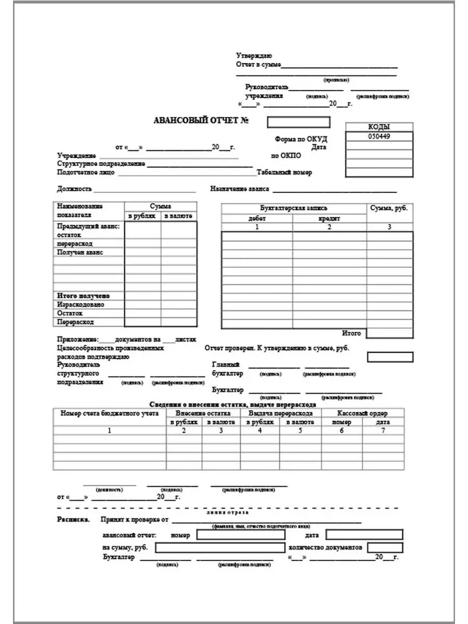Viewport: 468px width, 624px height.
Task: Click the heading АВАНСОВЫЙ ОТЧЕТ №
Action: pos(201,121)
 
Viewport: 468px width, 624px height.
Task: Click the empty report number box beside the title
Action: pos(298,122)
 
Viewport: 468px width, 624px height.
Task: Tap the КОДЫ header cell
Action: pos(379,127)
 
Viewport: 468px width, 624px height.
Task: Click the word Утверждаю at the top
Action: pos(254,56)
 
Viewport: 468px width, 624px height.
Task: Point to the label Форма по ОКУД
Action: pos(302,139)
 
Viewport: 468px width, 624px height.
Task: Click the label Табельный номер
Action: pos(284,173)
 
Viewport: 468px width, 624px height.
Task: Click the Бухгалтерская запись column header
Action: pos(294,208)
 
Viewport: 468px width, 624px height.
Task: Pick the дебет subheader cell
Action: pos(257,218)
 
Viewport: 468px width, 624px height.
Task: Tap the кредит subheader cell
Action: pos(329,218)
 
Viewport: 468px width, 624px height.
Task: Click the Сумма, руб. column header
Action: pos(389,208)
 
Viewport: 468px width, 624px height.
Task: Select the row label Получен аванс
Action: pos(80,252)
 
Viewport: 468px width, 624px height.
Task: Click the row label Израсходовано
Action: pos(81,305)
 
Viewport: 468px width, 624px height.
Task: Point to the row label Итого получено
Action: pos(83,296)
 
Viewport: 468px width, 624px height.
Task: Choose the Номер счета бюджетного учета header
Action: pos(109,413)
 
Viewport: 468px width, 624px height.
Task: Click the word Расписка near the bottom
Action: pos(72,519)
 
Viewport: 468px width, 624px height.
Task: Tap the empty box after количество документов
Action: pos(385,548)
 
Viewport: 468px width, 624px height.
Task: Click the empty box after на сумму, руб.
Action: pos(219,548)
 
